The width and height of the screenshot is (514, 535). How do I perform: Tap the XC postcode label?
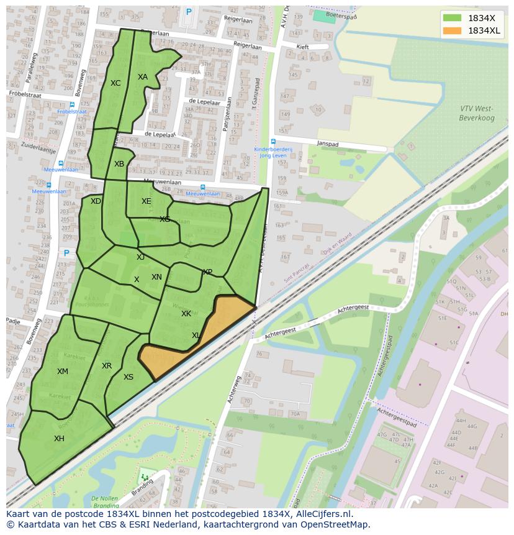click(x=115, y=83)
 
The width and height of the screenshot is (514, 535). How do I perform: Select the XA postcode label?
click(x=143, y=77)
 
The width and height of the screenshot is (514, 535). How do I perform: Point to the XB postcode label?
click(x=119, y=164)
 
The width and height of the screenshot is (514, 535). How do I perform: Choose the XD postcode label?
click(x=96, y=201)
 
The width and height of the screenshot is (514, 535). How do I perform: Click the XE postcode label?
click(x=146, y=201)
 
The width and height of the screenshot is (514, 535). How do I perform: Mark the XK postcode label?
click(x=186, y=314)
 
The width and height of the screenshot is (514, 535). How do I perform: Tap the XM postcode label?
click(x=63, y=372)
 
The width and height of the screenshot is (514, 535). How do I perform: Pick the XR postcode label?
click(x=107, y=366)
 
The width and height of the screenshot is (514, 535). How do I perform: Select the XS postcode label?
click(x=128, y=377)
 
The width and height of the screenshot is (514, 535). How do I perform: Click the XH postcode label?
click(x=59, y=439)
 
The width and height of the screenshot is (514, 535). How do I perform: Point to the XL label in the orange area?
click(x=196, y=336)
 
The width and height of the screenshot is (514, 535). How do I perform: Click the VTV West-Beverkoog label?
click(x=476, y=112)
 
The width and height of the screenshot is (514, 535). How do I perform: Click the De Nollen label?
click(x=104, y=498)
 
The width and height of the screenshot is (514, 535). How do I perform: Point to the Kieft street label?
click(x=302, y=47)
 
